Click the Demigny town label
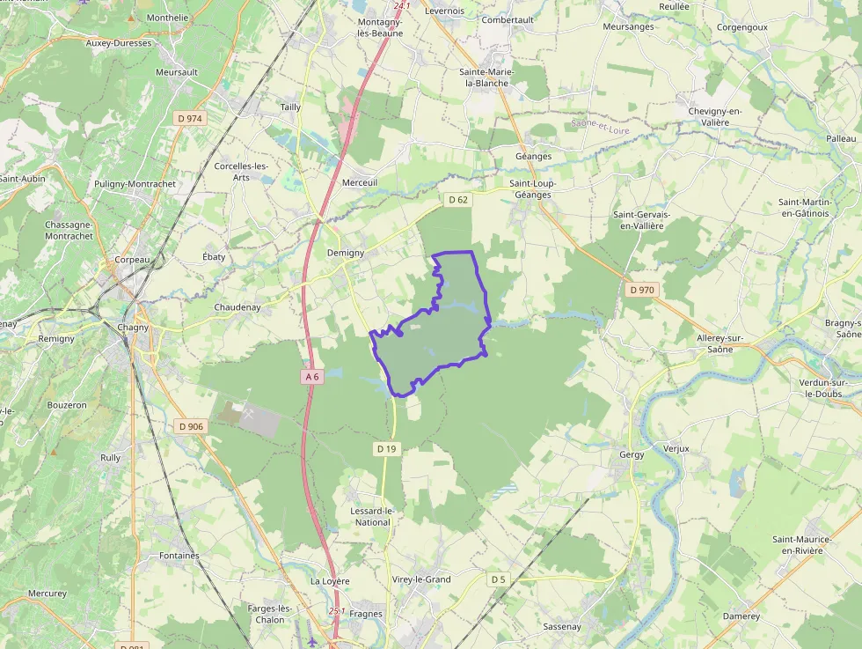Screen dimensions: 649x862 pos(345,253)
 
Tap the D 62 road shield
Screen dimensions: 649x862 pos(458,200)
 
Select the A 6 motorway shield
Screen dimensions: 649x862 pos(311,377)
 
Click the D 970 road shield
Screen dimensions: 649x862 pos(642,290)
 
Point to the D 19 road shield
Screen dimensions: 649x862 pos(387,448)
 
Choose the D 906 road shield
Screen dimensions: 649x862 pos(190,426)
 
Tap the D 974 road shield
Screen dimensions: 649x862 pos(189,118)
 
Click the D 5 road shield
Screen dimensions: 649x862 pos(499,579)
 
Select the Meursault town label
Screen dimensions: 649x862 pos(177,72)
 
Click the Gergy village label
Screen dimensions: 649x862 pos(632,454)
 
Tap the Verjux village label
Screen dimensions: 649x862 pos(676,448)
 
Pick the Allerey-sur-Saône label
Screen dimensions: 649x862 pos(720,344)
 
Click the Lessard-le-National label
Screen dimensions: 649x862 pos(370,516)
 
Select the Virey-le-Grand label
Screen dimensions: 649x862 pos(421,579)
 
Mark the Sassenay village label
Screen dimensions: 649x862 pos(562,626)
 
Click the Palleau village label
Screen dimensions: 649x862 pos(841,138)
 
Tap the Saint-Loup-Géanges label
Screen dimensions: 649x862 pos(533,189)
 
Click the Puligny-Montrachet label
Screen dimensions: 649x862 pos(135,184)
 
